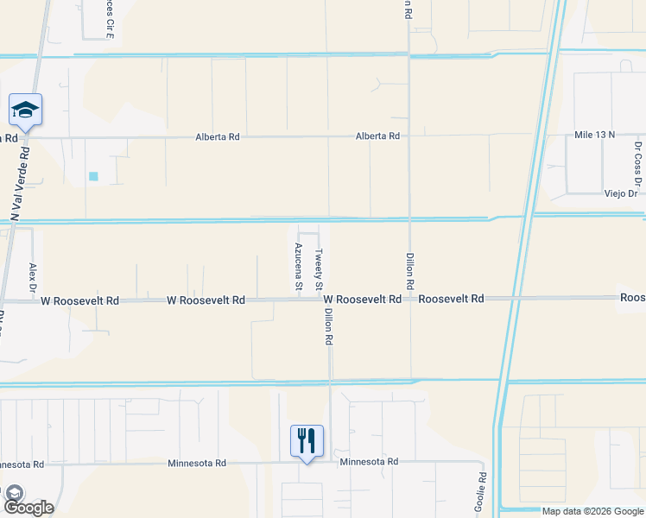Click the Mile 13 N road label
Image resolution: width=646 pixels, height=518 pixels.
click(594, 135)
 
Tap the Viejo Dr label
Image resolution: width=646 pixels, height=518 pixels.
click(620, 194)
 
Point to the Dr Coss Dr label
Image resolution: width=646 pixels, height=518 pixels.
click(638, 163)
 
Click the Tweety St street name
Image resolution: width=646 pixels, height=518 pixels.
click(319, 269)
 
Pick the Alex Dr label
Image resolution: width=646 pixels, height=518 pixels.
click(33, 276)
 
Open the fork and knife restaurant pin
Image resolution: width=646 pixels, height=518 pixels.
click(307, 441)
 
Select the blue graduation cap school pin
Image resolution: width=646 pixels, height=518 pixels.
click(26, 111)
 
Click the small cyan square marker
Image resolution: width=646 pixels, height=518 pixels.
click(93, 176)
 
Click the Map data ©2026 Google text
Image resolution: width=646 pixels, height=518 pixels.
click(592, 511)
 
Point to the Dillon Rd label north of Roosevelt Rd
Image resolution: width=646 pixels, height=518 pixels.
click(410, 270)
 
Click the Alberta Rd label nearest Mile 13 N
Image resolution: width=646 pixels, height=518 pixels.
click(377, 136)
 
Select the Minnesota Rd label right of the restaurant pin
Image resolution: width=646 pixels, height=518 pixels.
click(369, 462)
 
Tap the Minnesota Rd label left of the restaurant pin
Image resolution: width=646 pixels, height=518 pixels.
click(196, 463)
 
